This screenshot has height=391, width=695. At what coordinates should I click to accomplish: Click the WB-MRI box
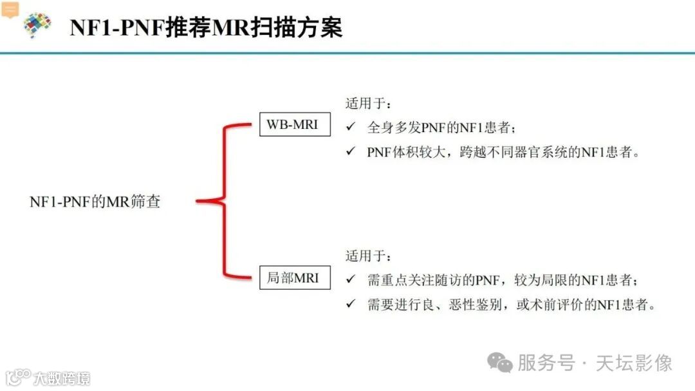point(293,124)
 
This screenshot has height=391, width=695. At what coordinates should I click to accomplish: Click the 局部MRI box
point(293,279)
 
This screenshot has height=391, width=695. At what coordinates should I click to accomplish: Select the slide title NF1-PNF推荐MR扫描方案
point(206,28)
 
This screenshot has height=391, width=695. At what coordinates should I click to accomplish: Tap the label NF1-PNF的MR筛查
point(95,202)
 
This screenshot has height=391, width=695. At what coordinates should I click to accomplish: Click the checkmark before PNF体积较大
point(351,151)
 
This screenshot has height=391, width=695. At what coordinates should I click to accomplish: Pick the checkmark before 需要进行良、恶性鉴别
point(351,304)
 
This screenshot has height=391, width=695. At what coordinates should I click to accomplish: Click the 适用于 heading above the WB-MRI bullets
point(368,103)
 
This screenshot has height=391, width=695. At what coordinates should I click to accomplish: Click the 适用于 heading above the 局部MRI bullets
point(368,256)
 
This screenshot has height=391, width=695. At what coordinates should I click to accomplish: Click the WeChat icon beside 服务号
point(499,362)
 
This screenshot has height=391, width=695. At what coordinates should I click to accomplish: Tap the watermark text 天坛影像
point(634,363)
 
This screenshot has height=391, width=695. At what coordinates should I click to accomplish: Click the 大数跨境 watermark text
point(62,378)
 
